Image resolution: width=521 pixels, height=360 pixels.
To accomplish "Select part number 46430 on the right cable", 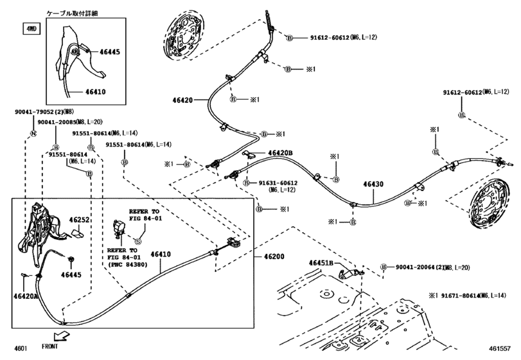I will tap(373, 184).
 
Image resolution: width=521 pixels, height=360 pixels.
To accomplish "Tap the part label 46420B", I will tap(280, 153).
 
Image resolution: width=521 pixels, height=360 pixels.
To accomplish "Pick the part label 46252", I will tap(79, 220).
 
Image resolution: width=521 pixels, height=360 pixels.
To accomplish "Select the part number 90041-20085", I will tap(56, 122).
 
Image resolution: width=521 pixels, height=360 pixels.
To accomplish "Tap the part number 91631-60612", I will tap(276, 183).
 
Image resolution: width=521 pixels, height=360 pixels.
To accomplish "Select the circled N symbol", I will tap(31, 133).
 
